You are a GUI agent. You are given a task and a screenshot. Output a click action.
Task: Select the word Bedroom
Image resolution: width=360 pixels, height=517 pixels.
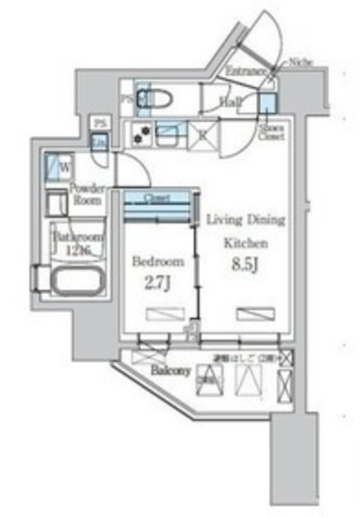coord(157,262)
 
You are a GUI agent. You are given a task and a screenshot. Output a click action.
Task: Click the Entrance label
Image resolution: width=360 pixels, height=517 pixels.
coord(246,72)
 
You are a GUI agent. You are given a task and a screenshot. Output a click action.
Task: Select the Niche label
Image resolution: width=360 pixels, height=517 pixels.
coord(303,61)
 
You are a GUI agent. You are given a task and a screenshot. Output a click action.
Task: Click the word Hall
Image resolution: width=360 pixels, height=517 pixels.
coord(230,102)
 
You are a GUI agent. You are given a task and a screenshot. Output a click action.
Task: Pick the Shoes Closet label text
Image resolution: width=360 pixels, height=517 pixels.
coord(270,131)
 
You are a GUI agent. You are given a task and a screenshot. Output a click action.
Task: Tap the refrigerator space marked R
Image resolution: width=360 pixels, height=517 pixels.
coord(200,134)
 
